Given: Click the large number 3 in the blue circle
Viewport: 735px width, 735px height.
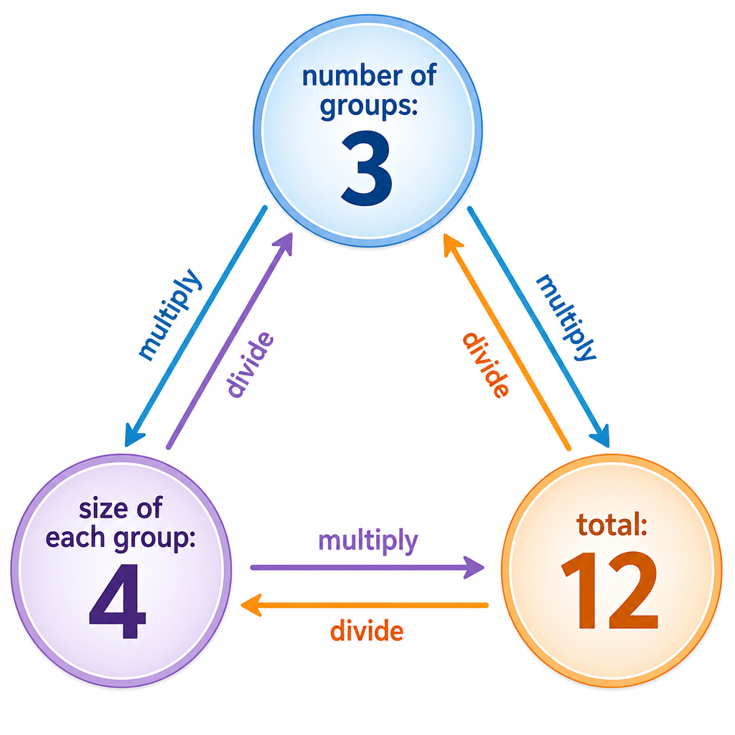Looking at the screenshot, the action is click(367, 168).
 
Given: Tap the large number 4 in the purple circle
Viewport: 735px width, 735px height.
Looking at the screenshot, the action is click(118, 601).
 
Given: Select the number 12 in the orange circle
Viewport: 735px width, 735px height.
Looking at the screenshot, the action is click(610, 590).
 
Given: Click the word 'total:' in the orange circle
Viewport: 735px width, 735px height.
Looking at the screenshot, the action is click(612, 525).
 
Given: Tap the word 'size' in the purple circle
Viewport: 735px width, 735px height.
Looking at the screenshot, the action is click(101, 509).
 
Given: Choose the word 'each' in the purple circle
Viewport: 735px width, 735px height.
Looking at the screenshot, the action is click(75, 538).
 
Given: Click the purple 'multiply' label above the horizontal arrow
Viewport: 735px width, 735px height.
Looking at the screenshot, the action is click(368, 541).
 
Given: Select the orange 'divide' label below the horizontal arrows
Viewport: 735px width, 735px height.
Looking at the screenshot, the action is click(367, 630).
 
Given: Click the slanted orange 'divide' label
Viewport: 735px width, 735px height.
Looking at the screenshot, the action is click(486, 365).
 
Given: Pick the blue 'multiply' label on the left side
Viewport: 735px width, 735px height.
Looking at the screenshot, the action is click(170, 314).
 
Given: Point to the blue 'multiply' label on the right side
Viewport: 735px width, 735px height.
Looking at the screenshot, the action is click(566, 317).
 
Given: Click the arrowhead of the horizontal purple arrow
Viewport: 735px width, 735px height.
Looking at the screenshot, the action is click(474, 567).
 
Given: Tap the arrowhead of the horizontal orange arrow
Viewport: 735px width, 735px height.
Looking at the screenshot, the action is click(251, 605).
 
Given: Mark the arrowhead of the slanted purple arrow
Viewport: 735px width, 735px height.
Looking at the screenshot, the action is click(284, 243).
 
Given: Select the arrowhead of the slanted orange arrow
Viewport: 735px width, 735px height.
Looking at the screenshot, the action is click(452, 244).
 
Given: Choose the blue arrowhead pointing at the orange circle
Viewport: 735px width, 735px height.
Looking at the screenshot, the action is click(601, 437).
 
